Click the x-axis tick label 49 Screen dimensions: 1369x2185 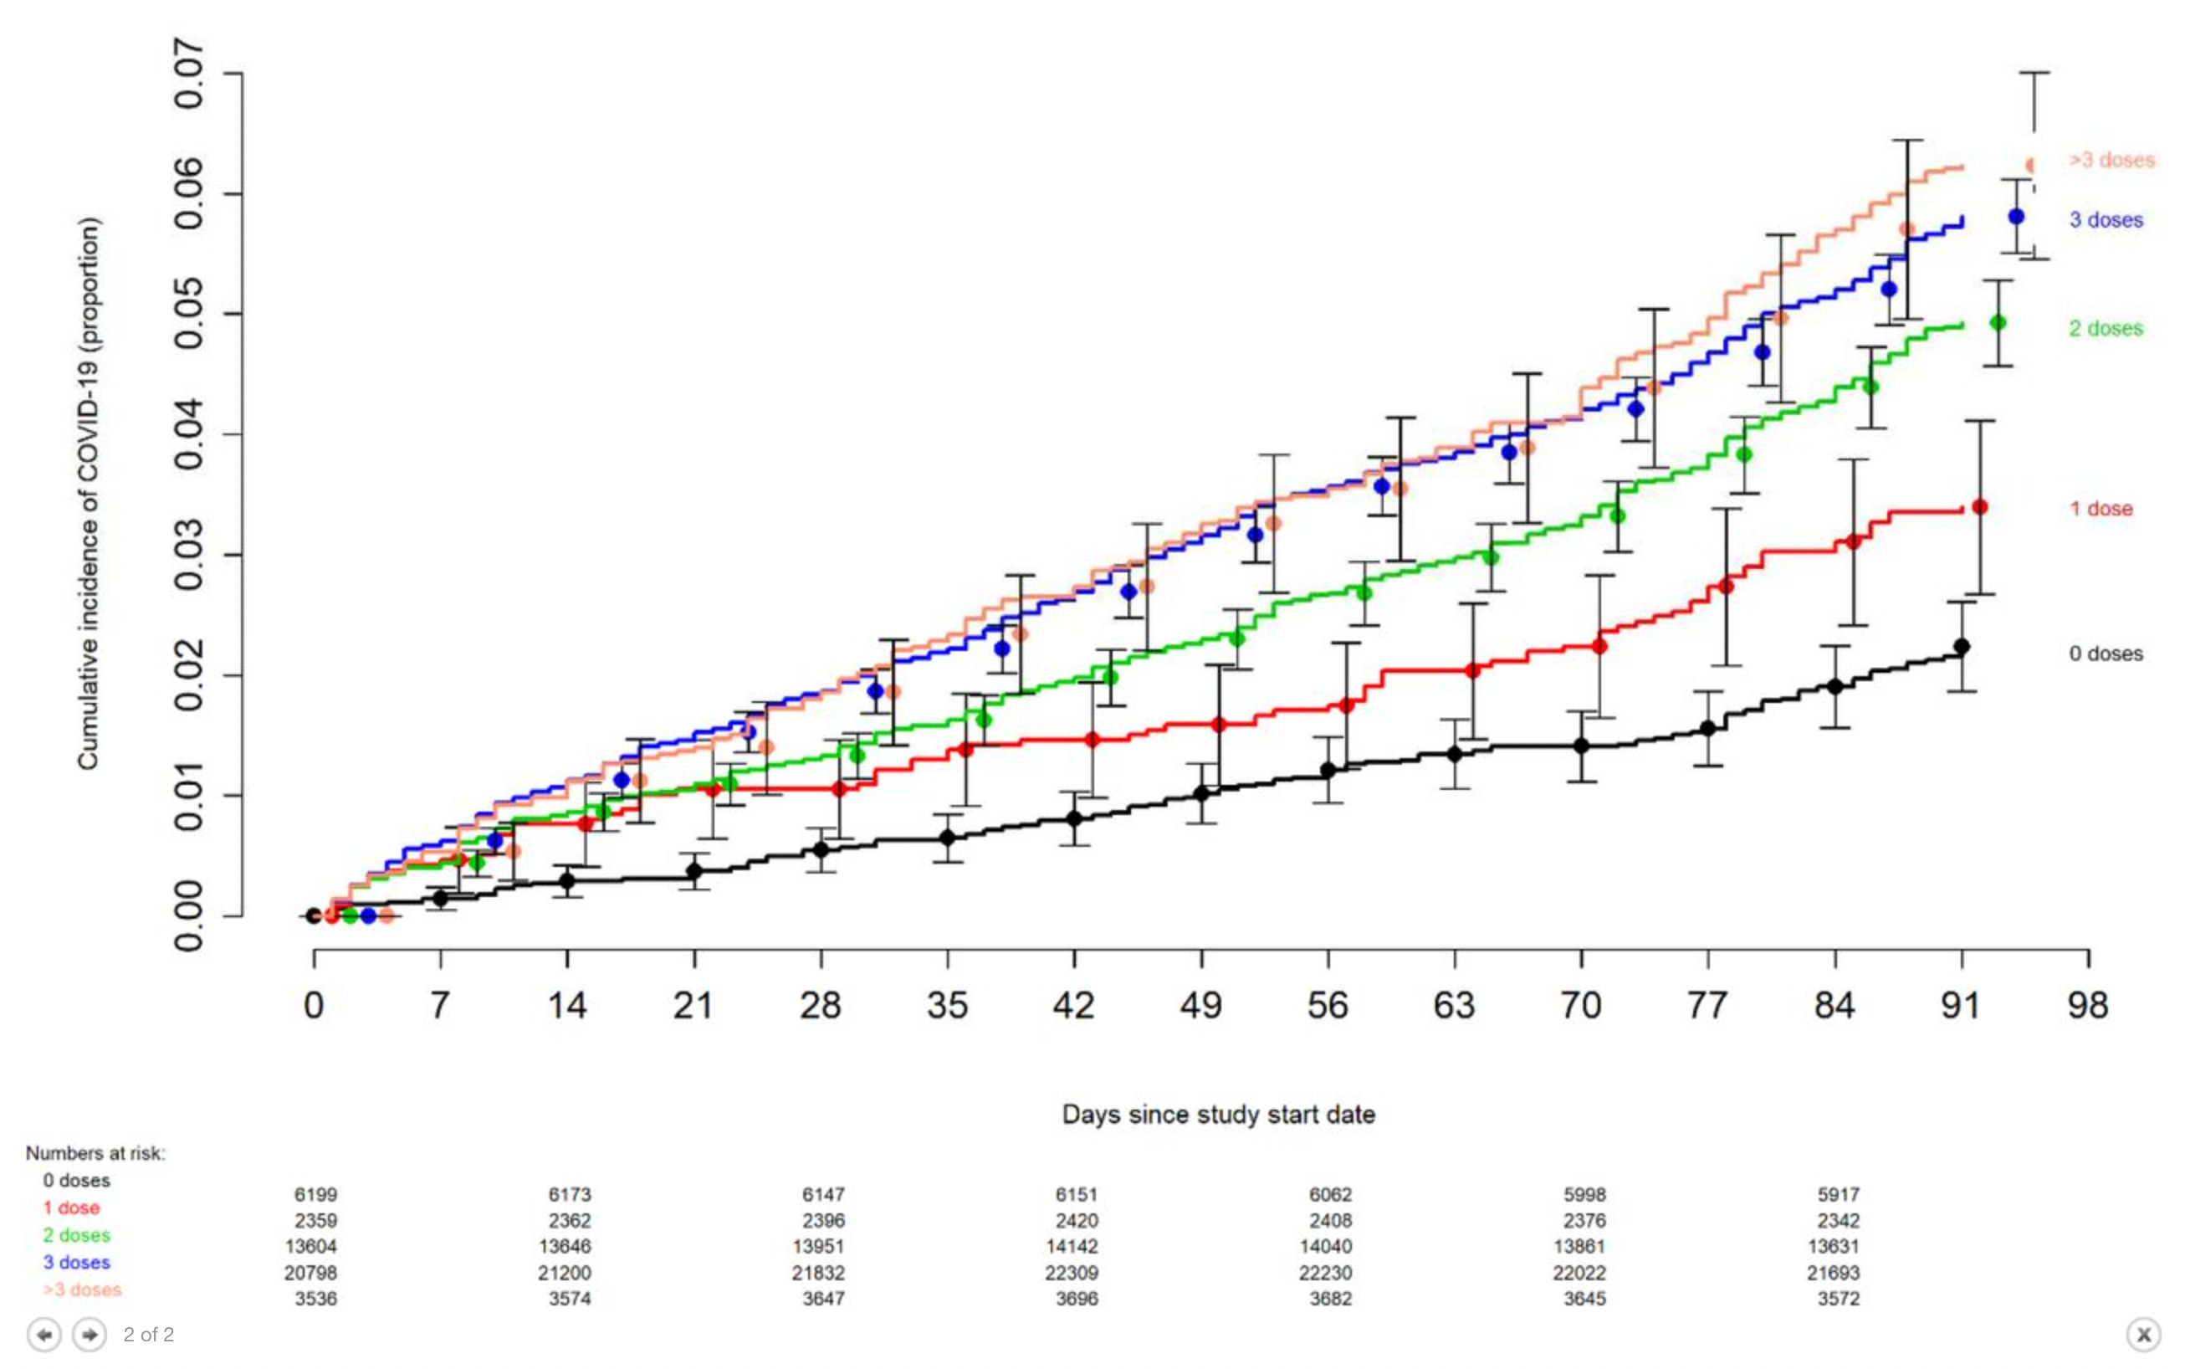[1200, 1005]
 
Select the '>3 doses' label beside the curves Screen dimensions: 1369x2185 [2111, 161]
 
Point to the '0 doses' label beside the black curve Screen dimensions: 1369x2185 [2106, 654]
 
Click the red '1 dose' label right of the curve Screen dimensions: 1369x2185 [2100, 509]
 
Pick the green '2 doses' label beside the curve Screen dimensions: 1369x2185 [2106, 329]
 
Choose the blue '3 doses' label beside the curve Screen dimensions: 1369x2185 [2106, 220]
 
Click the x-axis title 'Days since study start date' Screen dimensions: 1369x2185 [1217, 1115]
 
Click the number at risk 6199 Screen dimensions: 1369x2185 [316, 1195]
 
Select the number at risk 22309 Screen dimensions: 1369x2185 [1072, 1273]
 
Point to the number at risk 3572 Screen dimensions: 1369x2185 [1839, 1300]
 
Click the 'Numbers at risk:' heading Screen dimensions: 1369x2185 [95, 1153]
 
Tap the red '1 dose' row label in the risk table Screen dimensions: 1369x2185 [71, 1207]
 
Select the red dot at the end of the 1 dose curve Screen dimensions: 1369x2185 [1979, 507]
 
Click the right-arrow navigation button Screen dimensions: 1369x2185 [89, 1335]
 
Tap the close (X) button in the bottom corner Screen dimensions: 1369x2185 [2142, 1335]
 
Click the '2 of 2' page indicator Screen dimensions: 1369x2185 [148, 1335]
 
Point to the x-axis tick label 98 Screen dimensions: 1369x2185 [2087, 1005]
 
